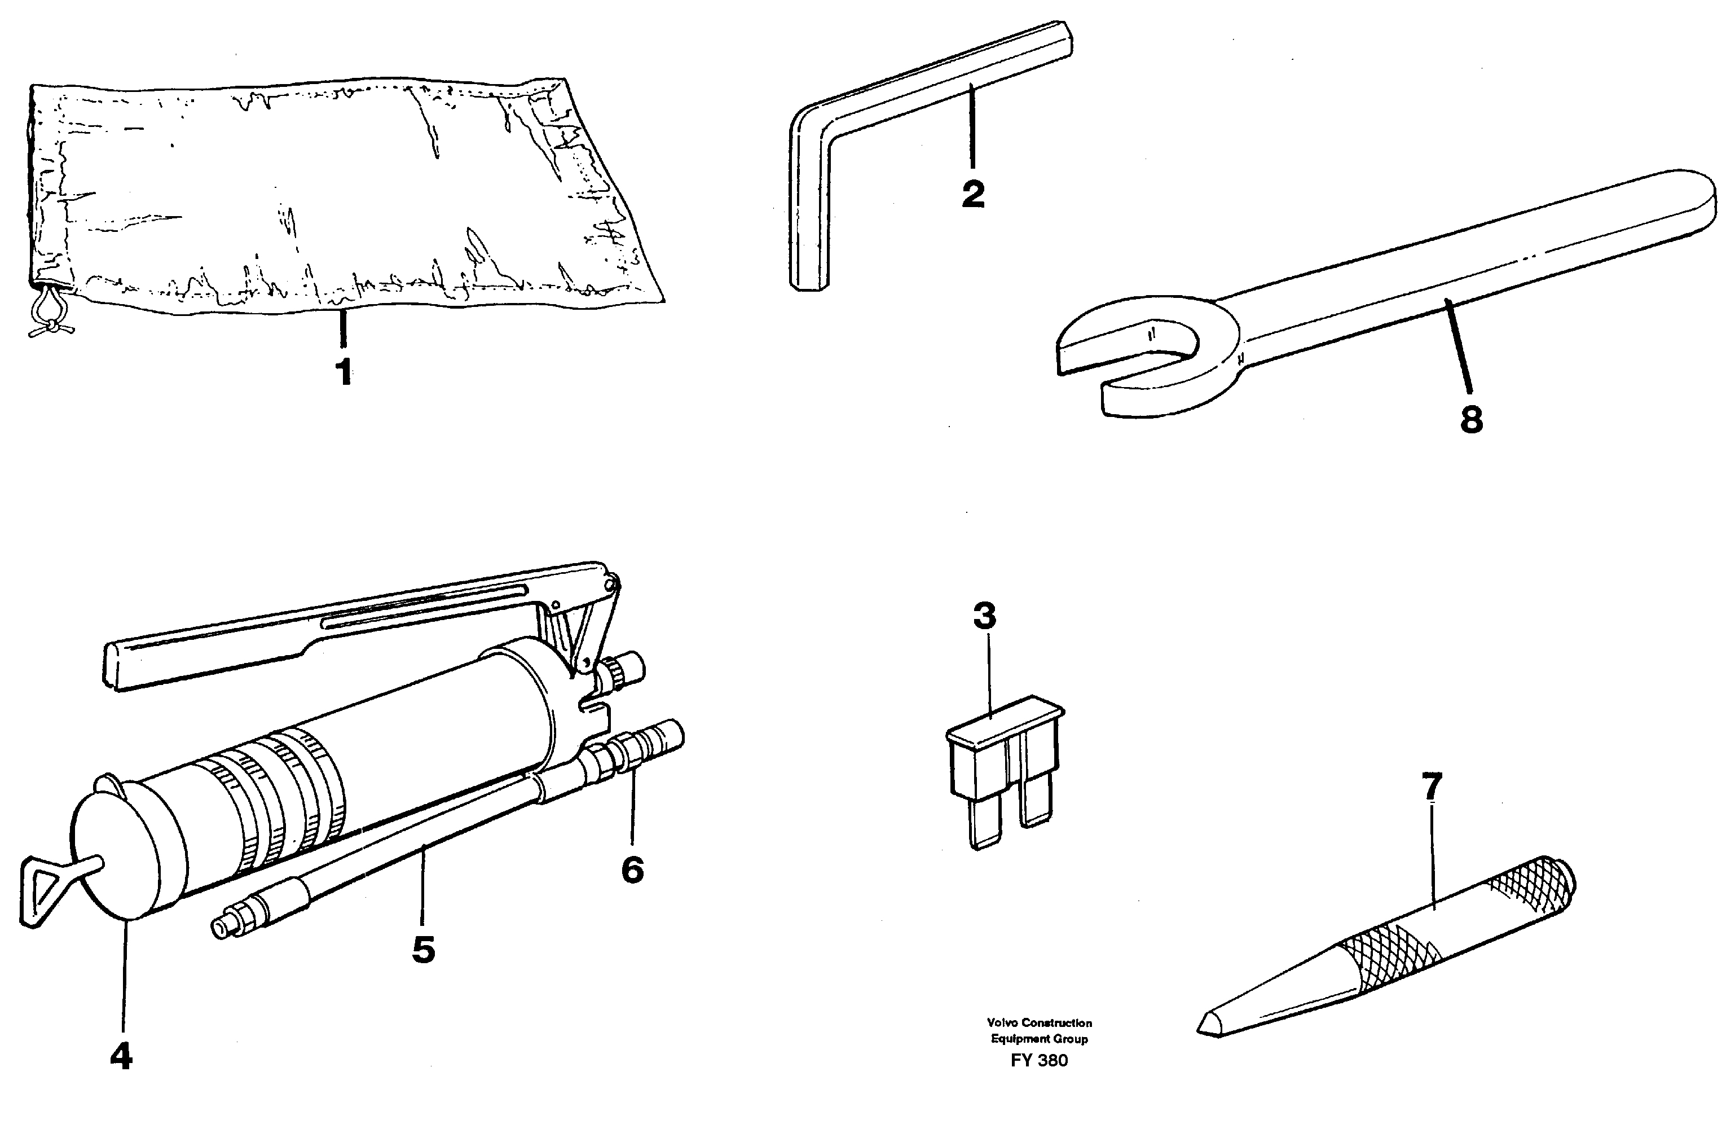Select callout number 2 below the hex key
pyautogui.click(x=972, y=194)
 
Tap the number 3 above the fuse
pyautogui.click(x=984, y=616)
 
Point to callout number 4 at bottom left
pyautogui.click(x=121, y=1056)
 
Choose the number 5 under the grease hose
pyautogui.click(x=424, y=949)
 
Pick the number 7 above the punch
pyautogui.click(x=1432, y=788)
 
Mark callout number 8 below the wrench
pyautogui.click(x=1471, y=420)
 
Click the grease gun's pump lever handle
pyautogui.click(x=219, y=652)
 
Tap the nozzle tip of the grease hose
pyautogui.click(x=219, y=928)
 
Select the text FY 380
pyautogui.click(x=1039, y=1061)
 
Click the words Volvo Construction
pyautogui.click(x=1039, y=1023)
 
